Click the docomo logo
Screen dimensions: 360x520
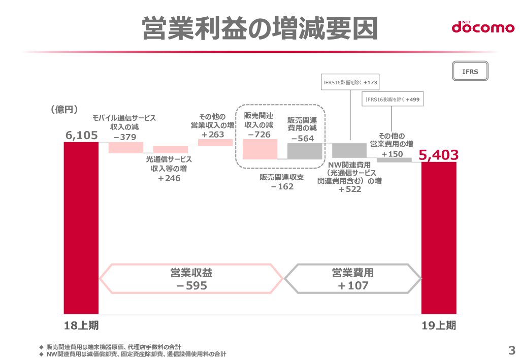coord(483,26)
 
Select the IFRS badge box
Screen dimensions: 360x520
coord(470,72)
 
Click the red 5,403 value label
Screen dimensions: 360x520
coord(438,155)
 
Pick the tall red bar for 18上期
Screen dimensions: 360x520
coord(81,228)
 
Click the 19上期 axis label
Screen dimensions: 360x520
coord(439,325)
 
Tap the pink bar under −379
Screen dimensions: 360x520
coord(125,147)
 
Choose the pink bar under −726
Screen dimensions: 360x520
coord(260,149)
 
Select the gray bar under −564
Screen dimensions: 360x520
coord(305,151)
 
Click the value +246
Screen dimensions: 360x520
coord(169,178)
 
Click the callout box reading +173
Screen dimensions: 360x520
coord(350,82)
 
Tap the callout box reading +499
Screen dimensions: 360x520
coord(393,99)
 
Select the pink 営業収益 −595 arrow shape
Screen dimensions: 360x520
coord(191,279)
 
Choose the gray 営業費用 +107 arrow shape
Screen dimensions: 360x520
coord(353,279)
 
